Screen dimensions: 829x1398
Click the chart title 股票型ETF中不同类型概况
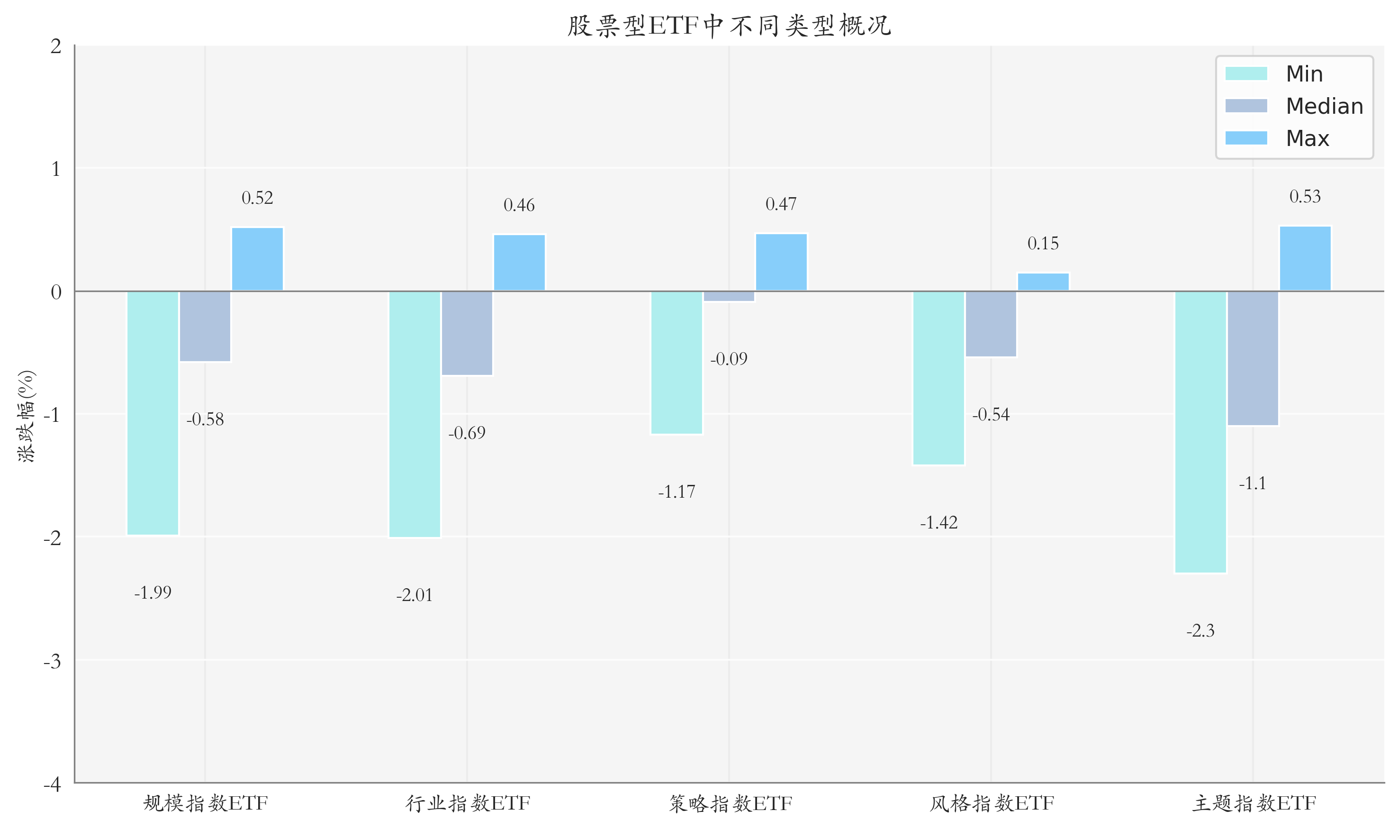[x=729, y=26]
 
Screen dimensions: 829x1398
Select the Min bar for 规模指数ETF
[x=153, y=413]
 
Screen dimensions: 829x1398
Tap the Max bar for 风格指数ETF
[x=1043, y=282]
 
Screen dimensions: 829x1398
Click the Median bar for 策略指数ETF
[x=729, y=296]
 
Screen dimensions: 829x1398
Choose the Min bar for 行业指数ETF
[x=414, y=414]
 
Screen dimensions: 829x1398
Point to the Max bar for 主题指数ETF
[x=1305, y=258]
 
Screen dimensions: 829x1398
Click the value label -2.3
[x=1200, y=631]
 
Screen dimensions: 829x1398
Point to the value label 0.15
[x=1043, y=244]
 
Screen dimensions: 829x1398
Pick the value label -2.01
[x=414, y=595]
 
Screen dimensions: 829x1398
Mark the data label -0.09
[x=729, y=359]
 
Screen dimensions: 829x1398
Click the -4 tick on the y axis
[x=52, y=785]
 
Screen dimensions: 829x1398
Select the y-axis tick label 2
[x=56, y=46]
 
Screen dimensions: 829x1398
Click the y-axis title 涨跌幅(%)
[x=26, y=416]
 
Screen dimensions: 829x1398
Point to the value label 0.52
[x=257, y=198]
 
